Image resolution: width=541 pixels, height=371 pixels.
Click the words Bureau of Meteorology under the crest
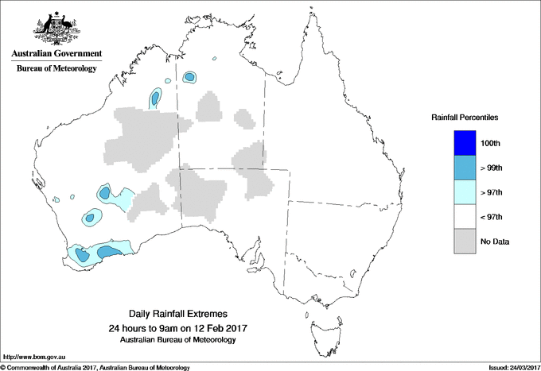[56, 69]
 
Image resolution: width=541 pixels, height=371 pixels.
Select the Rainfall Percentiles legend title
[465, 118]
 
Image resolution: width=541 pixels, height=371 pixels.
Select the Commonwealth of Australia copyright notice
[95, 367]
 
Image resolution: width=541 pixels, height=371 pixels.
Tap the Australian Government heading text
[56, 54]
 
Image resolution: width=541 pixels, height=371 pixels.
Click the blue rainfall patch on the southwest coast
[110, 252]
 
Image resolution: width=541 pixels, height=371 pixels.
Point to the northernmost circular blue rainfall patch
[190, 77]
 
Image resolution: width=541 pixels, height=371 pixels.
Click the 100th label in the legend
[491, 143]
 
